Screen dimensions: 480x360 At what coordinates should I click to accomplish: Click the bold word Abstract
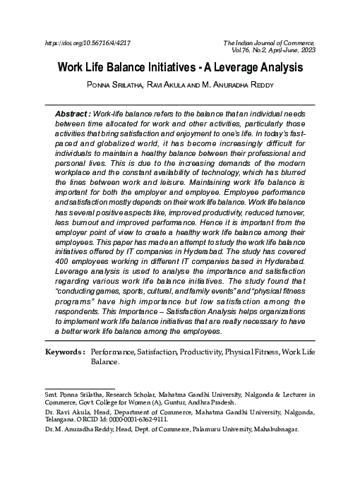click(73, 114)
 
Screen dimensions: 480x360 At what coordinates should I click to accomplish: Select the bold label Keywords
click(65, 352)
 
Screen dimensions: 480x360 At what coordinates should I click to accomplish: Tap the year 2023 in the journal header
click(305, 51)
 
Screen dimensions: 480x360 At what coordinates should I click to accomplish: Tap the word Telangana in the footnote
click(59, 418)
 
